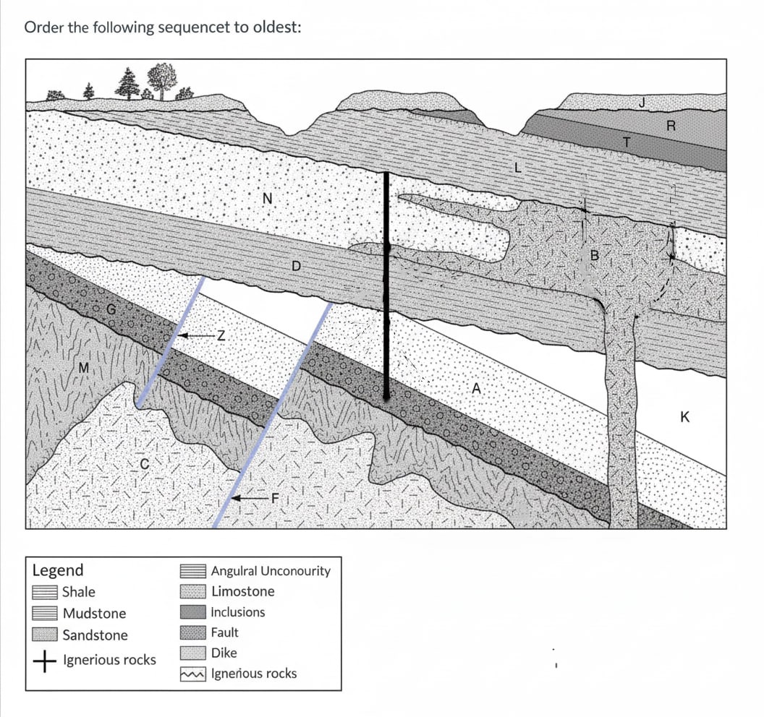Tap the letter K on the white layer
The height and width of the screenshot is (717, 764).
[685, 416]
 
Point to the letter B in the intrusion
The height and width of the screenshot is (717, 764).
[595, 255]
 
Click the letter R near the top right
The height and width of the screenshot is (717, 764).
[671, 126]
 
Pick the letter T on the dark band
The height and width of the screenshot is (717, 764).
[627, 142]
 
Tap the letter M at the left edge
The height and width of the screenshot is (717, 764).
[83, 368]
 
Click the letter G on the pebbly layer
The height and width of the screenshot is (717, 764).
[111, 309]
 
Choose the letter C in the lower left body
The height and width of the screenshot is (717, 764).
[144, 464]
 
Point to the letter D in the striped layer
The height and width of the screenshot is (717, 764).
[295, 266]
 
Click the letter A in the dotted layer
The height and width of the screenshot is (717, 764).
[476, 389]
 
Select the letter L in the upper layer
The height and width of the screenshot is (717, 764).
[517, 168]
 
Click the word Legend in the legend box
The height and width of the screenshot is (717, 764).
[58, 570]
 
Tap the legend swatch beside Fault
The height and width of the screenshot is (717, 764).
[192, 632]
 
